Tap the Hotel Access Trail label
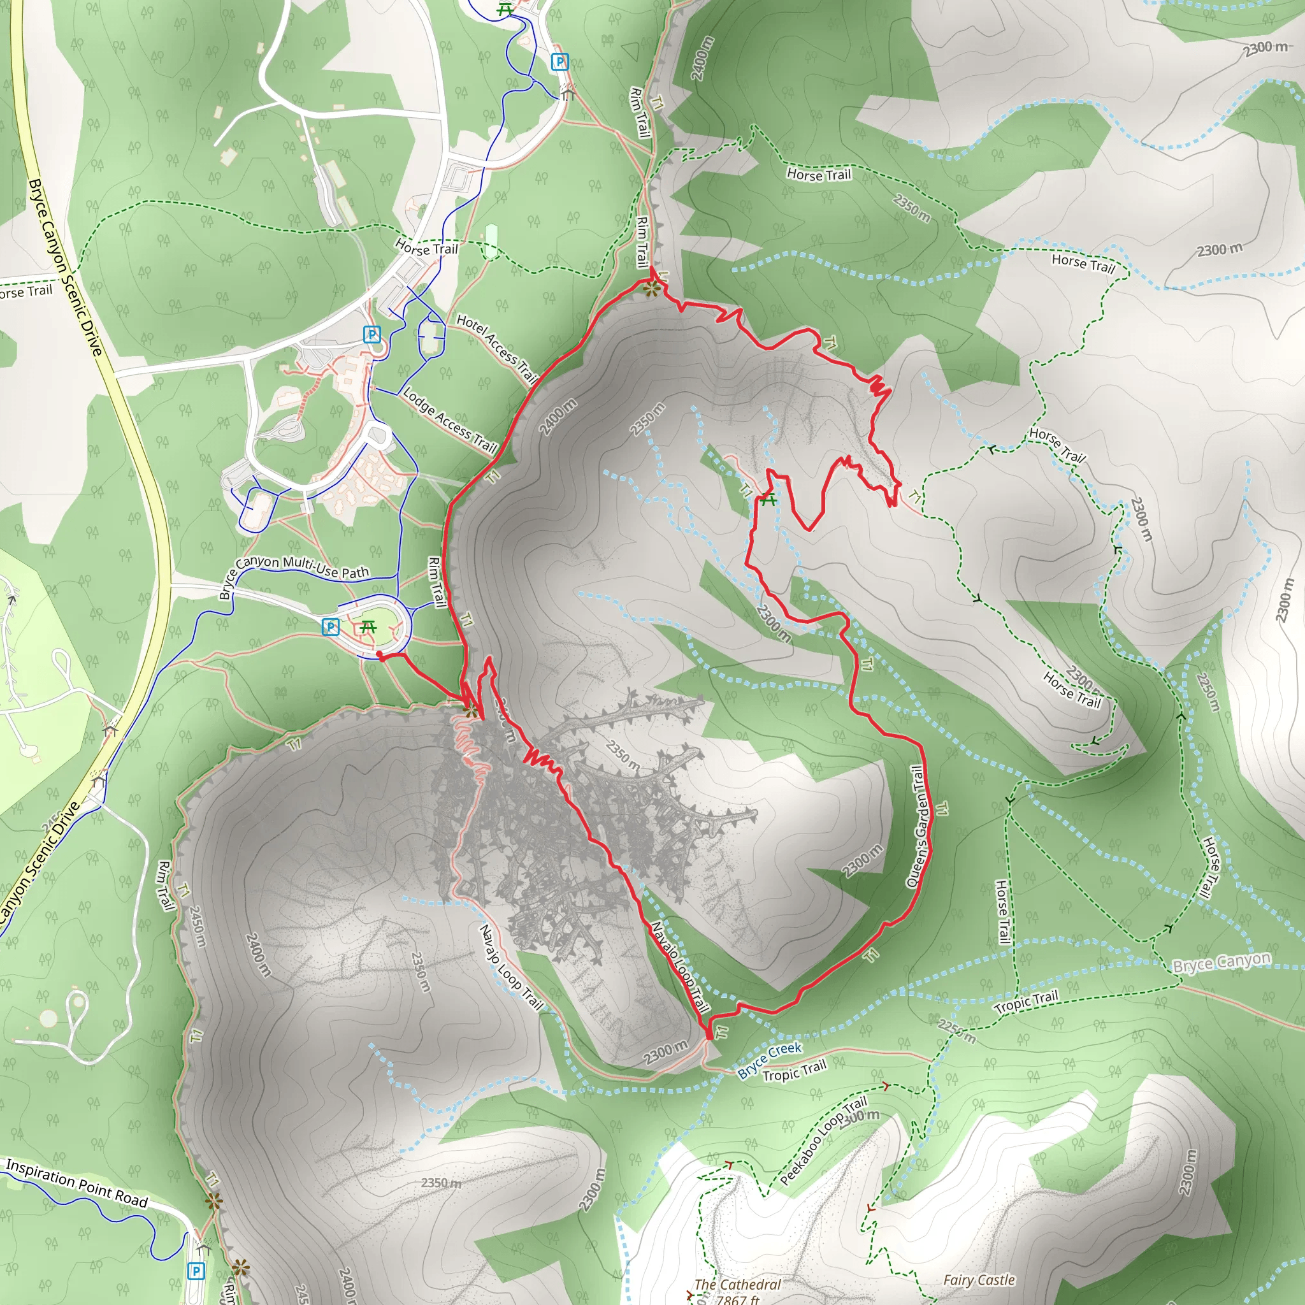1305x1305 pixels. [496, 348]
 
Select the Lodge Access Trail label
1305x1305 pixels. [450, 419]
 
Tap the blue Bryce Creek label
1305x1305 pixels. [769, 1060]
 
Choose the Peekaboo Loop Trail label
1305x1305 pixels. [823, 1141]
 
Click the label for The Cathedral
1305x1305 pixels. [737, 1284]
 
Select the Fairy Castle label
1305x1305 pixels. [979, 1280]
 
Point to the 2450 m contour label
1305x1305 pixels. [196, 926]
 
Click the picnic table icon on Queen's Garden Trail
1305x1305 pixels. [768, 500]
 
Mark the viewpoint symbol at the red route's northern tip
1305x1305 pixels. [651, 290]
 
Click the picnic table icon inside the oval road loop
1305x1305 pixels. [368, 627]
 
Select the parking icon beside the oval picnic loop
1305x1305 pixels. [330, 627]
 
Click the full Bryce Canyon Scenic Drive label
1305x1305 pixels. [66, 268]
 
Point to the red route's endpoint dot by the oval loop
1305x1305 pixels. [380, 654]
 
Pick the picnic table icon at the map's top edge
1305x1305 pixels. [505, 10]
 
